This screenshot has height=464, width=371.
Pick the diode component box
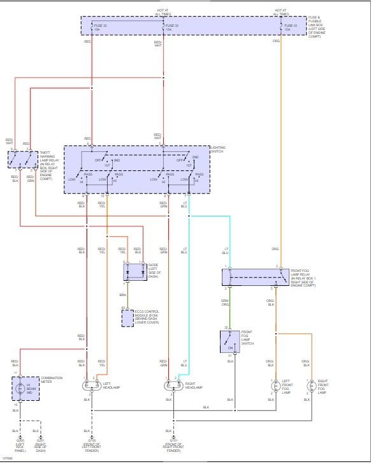135,271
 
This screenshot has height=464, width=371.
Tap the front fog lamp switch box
229,341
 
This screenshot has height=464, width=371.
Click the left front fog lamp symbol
274,387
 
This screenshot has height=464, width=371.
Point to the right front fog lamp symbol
310,387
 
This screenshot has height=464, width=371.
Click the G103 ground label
92,440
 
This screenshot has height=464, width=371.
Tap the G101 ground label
173,440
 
